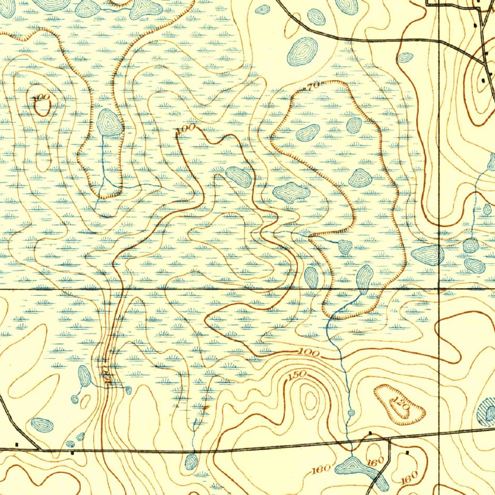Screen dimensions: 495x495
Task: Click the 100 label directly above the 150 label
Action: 308,354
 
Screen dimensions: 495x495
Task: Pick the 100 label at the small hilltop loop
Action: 43,98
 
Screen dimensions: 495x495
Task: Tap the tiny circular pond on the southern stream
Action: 351,413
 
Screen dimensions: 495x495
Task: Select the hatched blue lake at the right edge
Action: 487,412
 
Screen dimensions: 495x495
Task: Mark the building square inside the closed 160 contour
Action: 408,453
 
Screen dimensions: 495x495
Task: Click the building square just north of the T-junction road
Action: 370,432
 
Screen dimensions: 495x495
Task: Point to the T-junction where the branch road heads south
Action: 389,439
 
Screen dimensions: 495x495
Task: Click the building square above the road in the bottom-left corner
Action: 17,443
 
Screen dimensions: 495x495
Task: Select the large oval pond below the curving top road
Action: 303,51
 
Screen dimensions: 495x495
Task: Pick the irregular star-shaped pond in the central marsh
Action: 291,193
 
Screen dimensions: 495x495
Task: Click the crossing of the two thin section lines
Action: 438,289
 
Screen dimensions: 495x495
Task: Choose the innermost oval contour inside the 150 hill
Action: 310,399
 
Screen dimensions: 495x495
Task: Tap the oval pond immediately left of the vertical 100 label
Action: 85,376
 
